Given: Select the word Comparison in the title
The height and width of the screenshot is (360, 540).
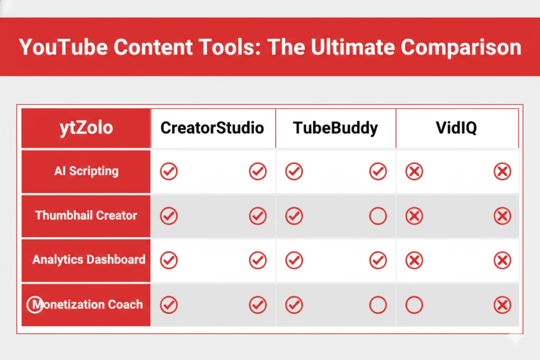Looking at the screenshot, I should tap(461, 47).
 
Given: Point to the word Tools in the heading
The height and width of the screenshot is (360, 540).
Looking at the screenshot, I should tap(232, 47).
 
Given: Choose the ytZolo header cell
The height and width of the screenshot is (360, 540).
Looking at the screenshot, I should tap(86, 128).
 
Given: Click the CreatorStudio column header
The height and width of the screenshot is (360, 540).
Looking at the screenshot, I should tap(212, 128).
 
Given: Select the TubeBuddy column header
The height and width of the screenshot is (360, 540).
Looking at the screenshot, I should tap(336, 128).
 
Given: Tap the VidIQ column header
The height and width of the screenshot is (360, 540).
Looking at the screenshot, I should tap(457, 128).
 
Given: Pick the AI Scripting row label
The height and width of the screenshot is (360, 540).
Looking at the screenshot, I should tap(86, 171).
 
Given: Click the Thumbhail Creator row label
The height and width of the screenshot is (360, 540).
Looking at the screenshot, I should tap(86, 215).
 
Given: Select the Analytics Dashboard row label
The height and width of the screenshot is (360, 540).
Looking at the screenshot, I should tap(89, 259).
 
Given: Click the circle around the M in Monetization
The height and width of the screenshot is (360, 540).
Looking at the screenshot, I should tap(35, 305).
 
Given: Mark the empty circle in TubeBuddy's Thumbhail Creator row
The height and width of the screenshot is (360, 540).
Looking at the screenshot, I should tap(378, 216).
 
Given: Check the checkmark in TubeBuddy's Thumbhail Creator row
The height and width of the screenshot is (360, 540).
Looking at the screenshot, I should tap(294, 216).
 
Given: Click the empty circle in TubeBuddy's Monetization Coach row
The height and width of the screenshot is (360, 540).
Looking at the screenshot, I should tap(378, 305).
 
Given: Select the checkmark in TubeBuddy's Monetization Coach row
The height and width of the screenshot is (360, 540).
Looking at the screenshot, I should tap(294, 305).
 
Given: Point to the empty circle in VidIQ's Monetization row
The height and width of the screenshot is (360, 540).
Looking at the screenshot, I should tap(414, 305).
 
